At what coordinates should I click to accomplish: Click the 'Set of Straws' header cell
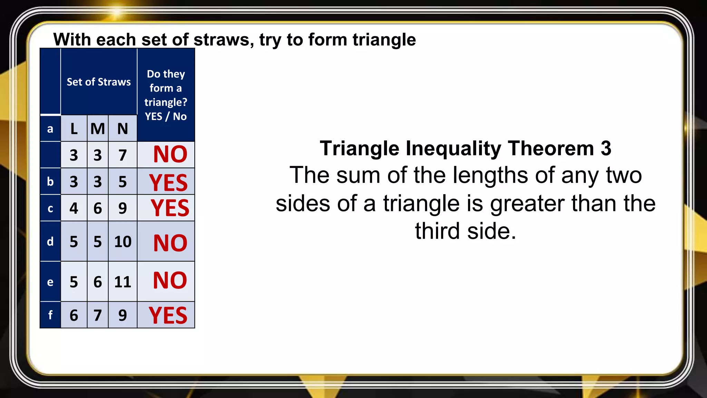pyautogui.click(x=99, y=82)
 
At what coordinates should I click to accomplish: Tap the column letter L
pyautogui.click(x=74, y=129)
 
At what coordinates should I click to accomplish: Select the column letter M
pyautogui.click(x=98, y=129)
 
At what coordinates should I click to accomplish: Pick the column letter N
pyautogui.click(x=123, y=129)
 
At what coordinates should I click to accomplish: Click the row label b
pyautogui.click(x=50, y=182)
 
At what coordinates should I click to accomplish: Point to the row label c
pyautogui.click(x=50, y=208)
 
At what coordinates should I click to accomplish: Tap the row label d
pyautogui.click(x=50, y=241)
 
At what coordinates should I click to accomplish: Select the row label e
pyautogui.click(x=50, y=282)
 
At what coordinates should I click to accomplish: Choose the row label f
pyautogui.click(x=50, y=315)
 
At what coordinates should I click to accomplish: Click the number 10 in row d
pyautogui.click(x=123, y=241)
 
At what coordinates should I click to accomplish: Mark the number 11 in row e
pyautogui.click(x=123, y=282)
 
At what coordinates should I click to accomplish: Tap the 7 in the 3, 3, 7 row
pyautogui.click(x=123, y=155)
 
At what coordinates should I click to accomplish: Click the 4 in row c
pyautogui.click(x=74, y=208)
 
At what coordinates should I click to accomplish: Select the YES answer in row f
pyautogui.click(x=168, y=315)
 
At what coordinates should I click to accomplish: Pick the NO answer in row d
pyautogui.click(x=170, y=243)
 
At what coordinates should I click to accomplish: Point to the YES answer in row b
pyautogui.click(x=168, y=182)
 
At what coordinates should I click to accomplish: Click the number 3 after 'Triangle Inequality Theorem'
pyautogui.click(x=606, y=149)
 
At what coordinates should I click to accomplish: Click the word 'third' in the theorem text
pyautogui.click(x=438, y=231)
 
